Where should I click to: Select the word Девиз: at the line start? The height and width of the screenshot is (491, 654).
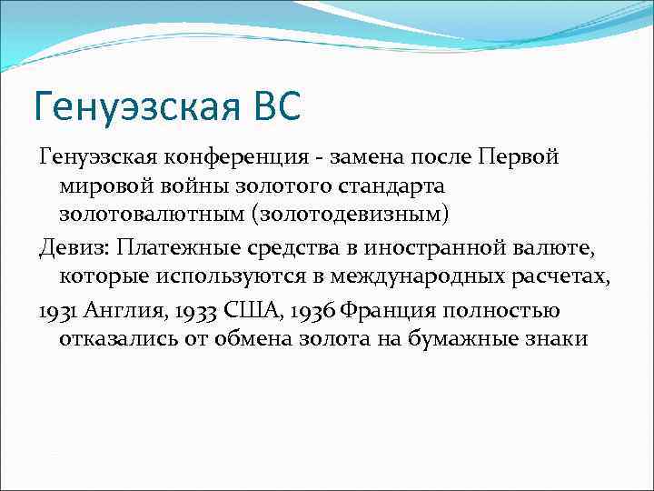pyautogui.click(x=71, y=246)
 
